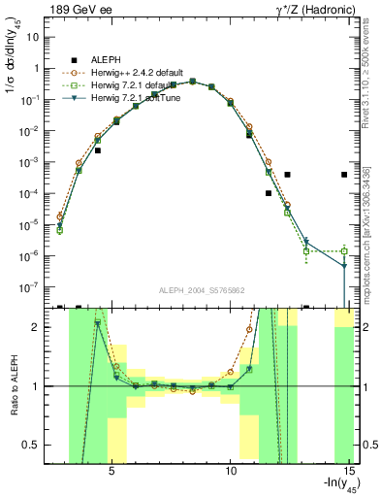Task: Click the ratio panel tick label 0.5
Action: tap(33, 445)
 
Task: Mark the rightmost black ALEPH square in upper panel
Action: tap(344, 175)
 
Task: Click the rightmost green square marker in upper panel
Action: tap(344, 250)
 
